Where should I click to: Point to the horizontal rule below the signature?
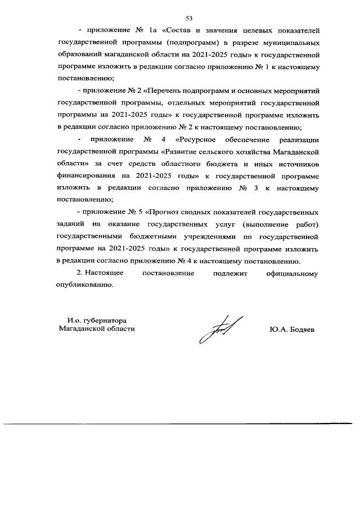(x=180, y=424)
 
